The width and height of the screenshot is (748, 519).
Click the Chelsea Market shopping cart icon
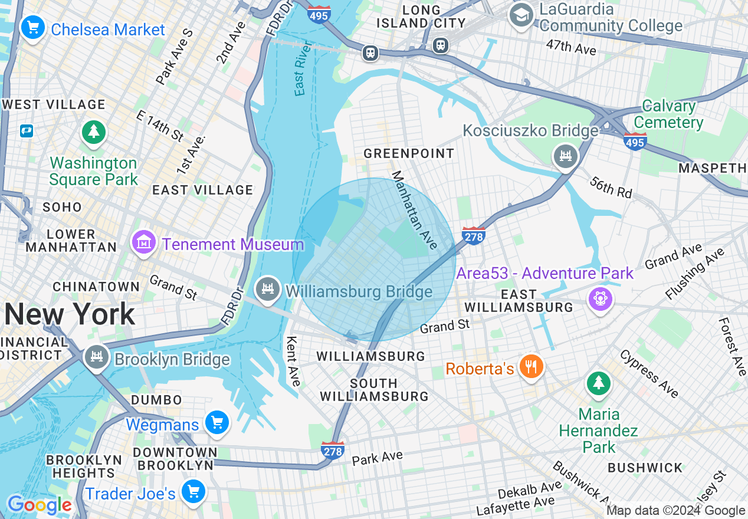click(33, 27)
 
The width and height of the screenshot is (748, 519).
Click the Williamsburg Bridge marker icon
click(268, 288)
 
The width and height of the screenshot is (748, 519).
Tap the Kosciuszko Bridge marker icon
click(566, 156)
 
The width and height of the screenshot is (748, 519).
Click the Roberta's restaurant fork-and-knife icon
click(531, 367)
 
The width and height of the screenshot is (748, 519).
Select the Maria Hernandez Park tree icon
click(599, 383)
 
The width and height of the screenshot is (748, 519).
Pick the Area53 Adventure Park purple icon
click(601, 298)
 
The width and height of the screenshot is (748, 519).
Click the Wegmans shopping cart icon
click(216, 422)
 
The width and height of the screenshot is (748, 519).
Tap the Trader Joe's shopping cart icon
click(193, 491)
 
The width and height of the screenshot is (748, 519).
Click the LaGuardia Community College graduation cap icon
click(522, 15)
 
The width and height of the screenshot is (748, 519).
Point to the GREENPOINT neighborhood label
click(409, 154)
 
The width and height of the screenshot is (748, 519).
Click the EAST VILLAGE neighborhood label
click(202, 190)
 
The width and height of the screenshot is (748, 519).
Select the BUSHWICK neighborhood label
click(645, 468)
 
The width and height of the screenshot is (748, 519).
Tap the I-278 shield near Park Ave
click(332, 451)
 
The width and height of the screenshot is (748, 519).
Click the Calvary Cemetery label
click(668, 114)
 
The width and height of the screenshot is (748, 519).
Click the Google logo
click(40, 505)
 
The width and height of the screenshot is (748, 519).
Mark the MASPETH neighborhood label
click(712, 168)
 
